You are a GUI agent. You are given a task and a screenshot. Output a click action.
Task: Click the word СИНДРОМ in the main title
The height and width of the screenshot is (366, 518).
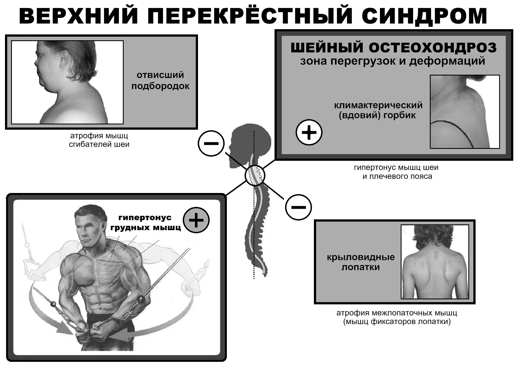[424, 16]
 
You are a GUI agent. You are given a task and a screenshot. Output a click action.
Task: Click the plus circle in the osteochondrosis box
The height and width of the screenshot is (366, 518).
[309, 132]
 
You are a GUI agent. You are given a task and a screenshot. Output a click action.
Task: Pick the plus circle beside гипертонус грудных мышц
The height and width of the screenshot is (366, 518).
[196, 220]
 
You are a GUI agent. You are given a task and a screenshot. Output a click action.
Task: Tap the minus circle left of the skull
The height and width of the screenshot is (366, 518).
[211, 143]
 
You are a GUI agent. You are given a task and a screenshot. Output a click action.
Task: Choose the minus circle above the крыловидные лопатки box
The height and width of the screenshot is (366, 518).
[298, 207]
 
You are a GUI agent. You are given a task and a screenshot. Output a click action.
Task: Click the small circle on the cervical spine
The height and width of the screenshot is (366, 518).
[255, 175]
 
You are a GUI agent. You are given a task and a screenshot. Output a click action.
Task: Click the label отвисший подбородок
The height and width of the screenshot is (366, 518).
[160, 81]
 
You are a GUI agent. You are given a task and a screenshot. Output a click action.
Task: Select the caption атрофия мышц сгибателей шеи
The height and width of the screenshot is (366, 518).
[99, 140]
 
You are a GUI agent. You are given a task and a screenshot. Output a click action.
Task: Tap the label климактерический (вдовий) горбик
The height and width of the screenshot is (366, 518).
[378, 110]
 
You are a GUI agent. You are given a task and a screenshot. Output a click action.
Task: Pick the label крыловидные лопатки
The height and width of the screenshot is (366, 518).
[360, 262]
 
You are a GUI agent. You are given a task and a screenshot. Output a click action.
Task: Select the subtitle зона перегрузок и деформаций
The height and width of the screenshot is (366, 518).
[392, 61]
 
